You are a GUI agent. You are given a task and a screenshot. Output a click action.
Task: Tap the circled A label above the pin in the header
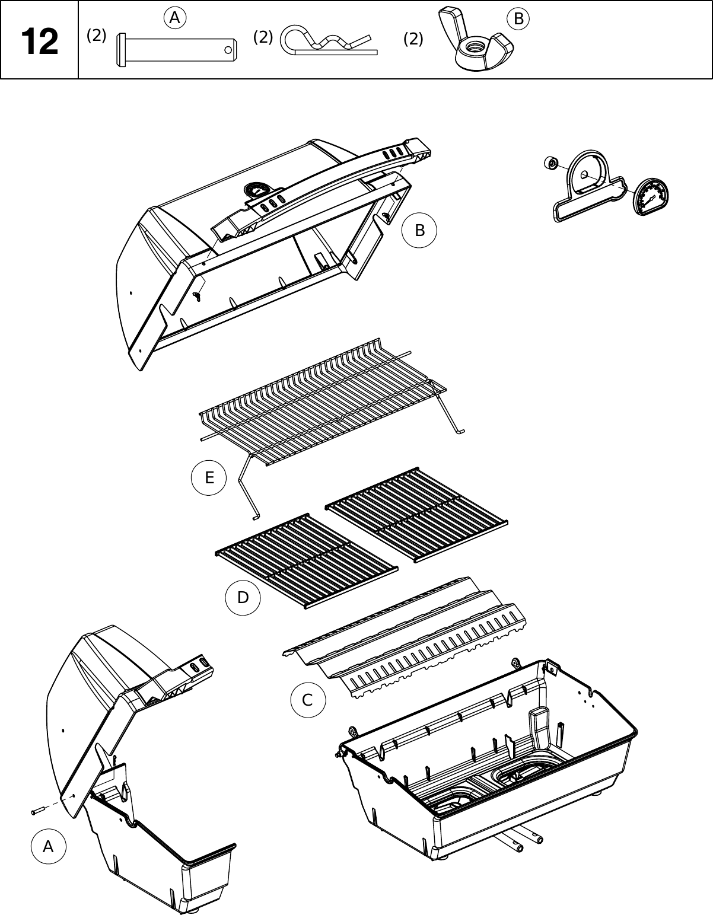174,19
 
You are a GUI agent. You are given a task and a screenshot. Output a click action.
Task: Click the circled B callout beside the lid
419,230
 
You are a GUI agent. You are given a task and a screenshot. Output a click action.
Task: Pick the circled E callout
209,477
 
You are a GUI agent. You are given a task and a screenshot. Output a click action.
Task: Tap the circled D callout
243,598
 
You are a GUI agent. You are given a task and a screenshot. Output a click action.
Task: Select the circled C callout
307,700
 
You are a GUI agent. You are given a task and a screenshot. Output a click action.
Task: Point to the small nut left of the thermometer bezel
551,162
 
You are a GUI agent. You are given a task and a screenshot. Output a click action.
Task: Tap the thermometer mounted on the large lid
256,190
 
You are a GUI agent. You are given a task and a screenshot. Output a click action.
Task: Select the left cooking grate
306,559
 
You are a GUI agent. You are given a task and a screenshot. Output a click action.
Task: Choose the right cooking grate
416,514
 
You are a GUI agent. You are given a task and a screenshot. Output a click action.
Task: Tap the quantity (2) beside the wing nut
413,39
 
